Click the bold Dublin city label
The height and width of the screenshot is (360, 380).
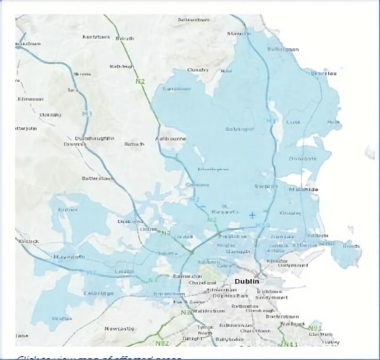(247, 281)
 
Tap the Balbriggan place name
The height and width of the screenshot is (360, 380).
(282, 49)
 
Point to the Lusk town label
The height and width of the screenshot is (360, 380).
(293, 122)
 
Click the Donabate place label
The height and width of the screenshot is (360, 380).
(302, 159)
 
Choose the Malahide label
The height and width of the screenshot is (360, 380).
(303, 189)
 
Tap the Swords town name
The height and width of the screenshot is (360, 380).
(265, 186)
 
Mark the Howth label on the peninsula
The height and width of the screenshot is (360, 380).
(351, 245)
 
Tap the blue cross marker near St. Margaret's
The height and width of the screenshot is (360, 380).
(252, 215)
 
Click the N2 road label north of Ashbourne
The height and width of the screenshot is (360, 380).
(141, 80)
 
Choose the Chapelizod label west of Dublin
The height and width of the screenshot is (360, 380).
(202, 282)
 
